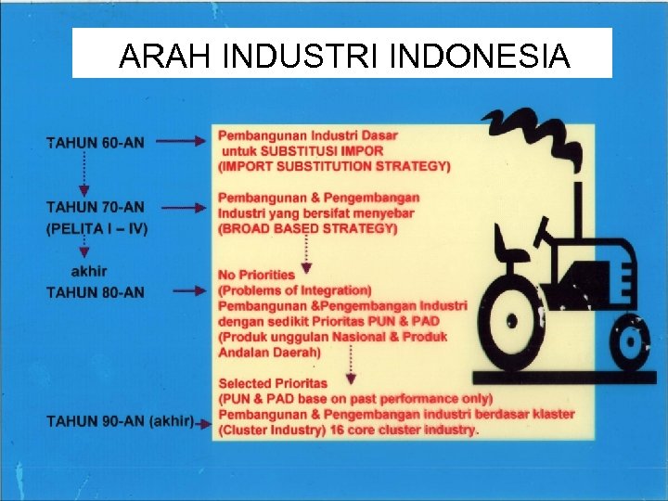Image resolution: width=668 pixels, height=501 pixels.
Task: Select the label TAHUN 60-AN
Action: (96, 143)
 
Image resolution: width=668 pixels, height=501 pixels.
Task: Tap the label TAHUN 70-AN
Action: (96, 207)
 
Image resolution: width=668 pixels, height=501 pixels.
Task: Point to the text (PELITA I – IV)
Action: (97, 227)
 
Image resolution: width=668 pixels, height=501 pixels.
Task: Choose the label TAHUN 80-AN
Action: (96, 292)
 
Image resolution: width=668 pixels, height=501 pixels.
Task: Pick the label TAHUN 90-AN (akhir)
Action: (121, 421)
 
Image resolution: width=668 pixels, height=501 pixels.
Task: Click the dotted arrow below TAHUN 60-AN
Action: (85, 173)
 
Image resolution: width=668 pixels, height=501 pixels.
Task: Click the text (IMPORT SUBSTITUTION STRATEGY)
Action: (334, 167)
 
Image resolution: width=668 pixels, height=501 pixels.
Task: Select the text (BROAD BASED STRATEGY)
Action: (309, 228)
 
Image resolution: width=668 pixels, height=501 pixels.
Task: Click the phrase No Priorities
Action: (256, 275)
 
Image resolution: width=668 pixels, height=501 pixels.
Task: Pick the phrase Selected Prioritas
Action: (273, 383)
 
